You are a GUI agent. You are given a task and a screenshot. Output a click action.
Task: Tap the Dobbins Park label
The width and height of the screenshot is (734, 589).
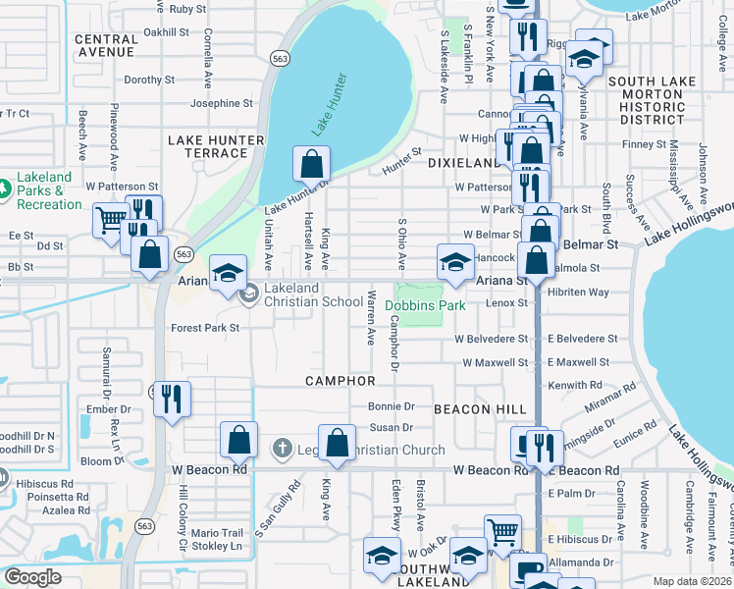[x=429, y=305]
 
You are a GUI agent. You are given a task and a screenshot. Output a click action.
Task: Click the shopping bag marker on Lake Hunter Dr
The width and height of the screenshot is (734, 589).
[x=311, y=163]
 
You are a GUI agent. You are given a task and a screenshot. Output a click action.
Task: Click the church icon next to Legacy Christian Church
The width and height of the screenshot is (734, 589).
[x=282, y=450]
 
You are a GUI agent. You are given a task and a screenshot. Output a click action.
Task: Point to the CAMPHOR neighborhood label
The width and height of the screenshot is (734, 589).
[x=341, y=380]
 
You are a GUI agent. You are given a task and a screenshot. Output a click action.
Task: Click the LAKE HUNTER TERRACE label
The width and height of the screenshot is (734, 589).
[x=216, y=146]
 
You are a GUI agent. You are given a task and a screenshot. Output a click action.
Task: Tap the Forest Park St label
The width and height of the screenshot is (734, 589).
[x=205, y=328]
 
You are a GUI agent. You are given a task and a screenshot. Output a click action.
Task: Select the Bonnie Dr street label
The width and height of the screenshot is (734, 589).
[x=386, y=405]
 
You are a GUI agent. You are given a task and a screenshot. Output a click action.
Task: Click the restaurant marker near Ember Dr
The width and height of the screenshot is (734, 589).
[x=171, y=399]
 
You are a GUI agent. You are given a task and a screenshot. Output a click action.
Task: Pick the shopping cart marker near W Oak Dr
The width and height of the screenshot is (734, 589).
[x=503, y=533]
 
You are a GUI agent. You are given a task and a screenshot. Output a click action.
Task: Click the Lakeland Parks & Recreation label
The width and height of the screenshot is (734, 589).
[x=48, y=197]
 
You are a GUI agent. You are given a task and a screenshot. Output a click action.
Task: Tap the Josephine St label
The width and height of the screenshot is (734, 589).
[x=222, y=103]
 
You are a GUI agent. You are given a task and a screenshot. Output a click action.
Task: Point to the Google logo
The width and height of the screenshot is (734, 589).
[x=32, y=577]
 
